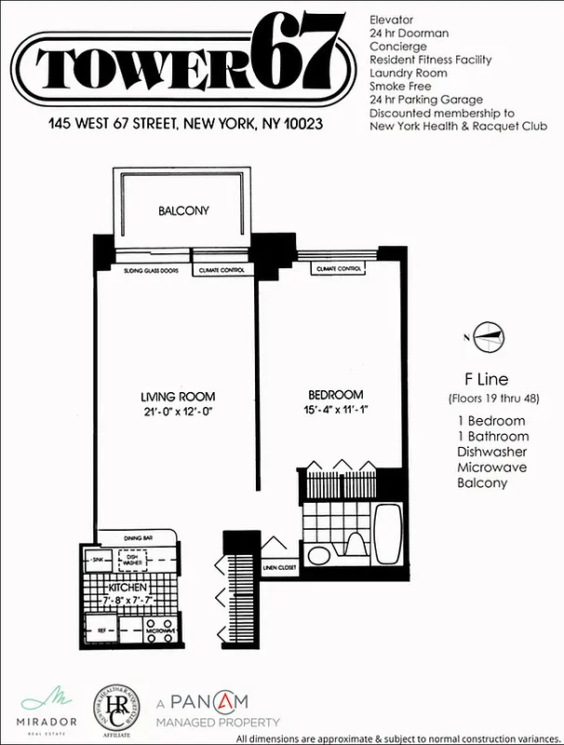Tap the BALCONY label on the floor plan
183,211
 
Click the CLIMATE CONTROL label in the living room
222,270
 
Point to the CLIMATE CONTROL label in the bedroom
339,268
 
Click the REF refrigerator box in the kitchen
101,630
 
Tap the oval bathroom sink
317,556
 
